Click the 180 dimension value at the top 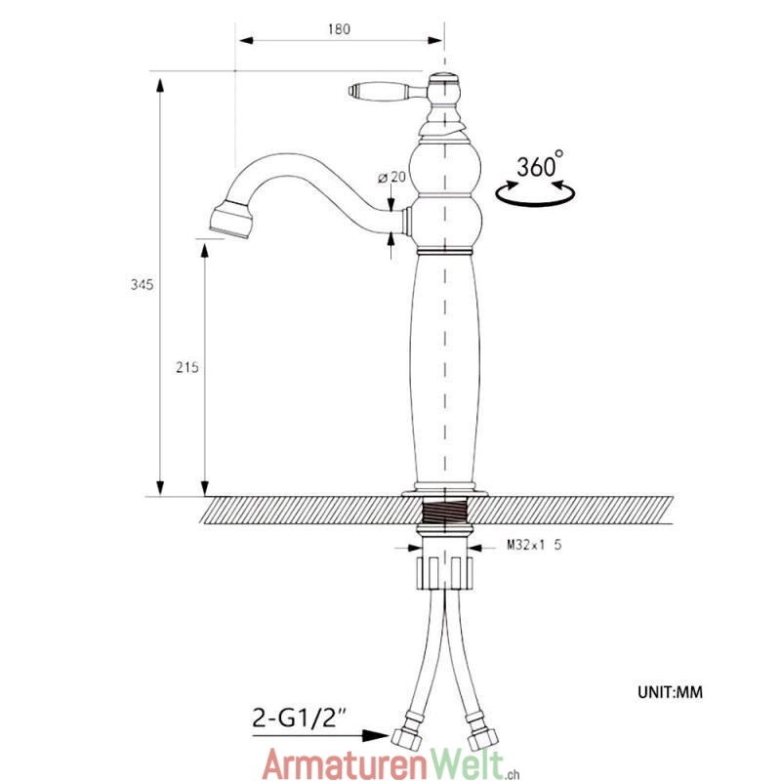click(339, 29)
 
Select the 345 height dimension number click(142, 285)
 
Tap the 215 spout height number click(187, 368)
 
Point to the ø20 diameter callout click(392, 177)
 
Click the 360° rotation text click(540, 165)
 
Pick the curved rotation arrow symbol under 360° click(535, 193)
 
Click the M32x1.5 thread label click(534, 545)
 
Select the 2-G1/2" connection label click(300, 719)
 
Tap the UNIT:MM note click(670, 692)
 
